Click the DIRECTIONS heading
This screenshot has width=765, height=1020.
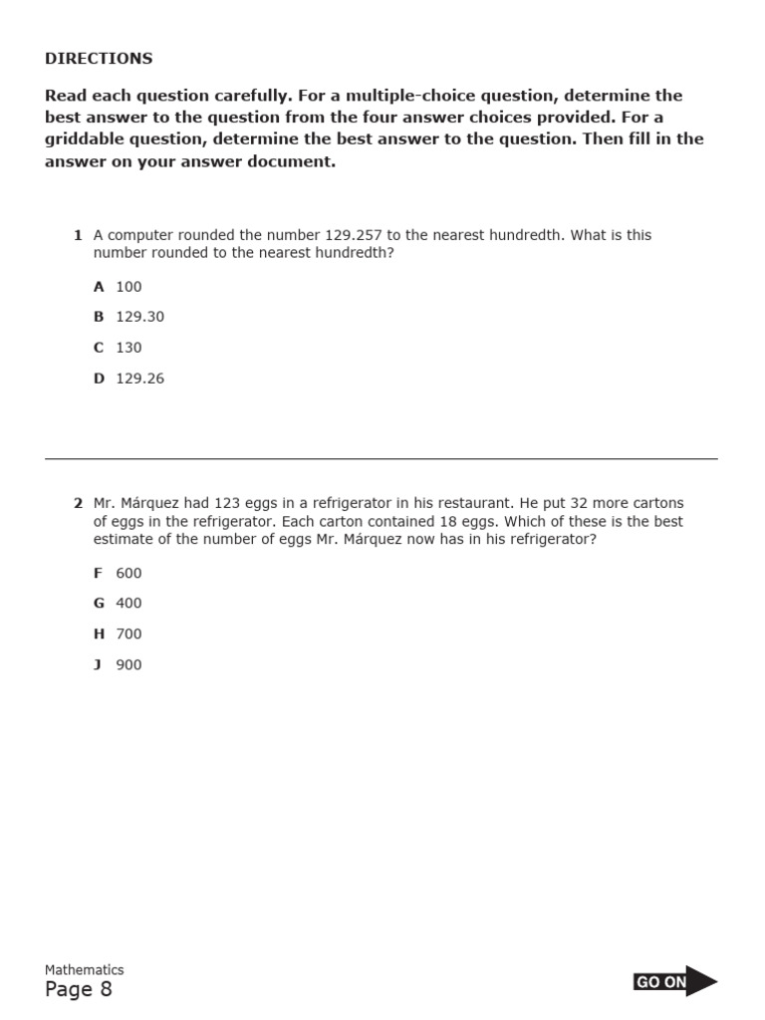coord(99,58)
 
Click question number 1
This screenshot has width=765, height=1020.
coord(78,235)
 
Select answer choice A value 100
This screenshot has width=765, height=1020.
coord(128,287)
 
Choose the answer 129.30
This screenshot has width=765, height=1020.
coord(139,317)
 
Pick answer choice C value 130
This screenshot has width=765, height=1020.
coord(128,348)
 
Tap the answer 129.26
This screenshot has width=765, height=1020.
coord(139,379)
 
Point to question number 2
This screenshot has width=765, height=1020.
coord(78,503)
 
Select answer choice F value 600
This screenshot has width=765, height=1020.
coord(128,573)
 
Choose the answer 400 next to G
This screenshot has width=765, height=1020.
coord(128,603)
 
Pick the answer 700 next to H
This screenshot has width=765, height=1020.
coord(128,634)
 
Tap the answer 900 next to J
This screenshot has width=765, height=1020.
coord(128,664)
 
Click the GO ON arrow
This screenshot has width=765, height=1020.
coord(674,981)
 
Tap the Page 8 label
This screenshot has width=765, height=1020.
coord(79,989)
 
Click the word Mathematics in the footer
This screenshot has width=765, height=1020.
coord(85,969)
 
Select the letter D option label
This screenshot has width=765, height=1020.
coord(99,379)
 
